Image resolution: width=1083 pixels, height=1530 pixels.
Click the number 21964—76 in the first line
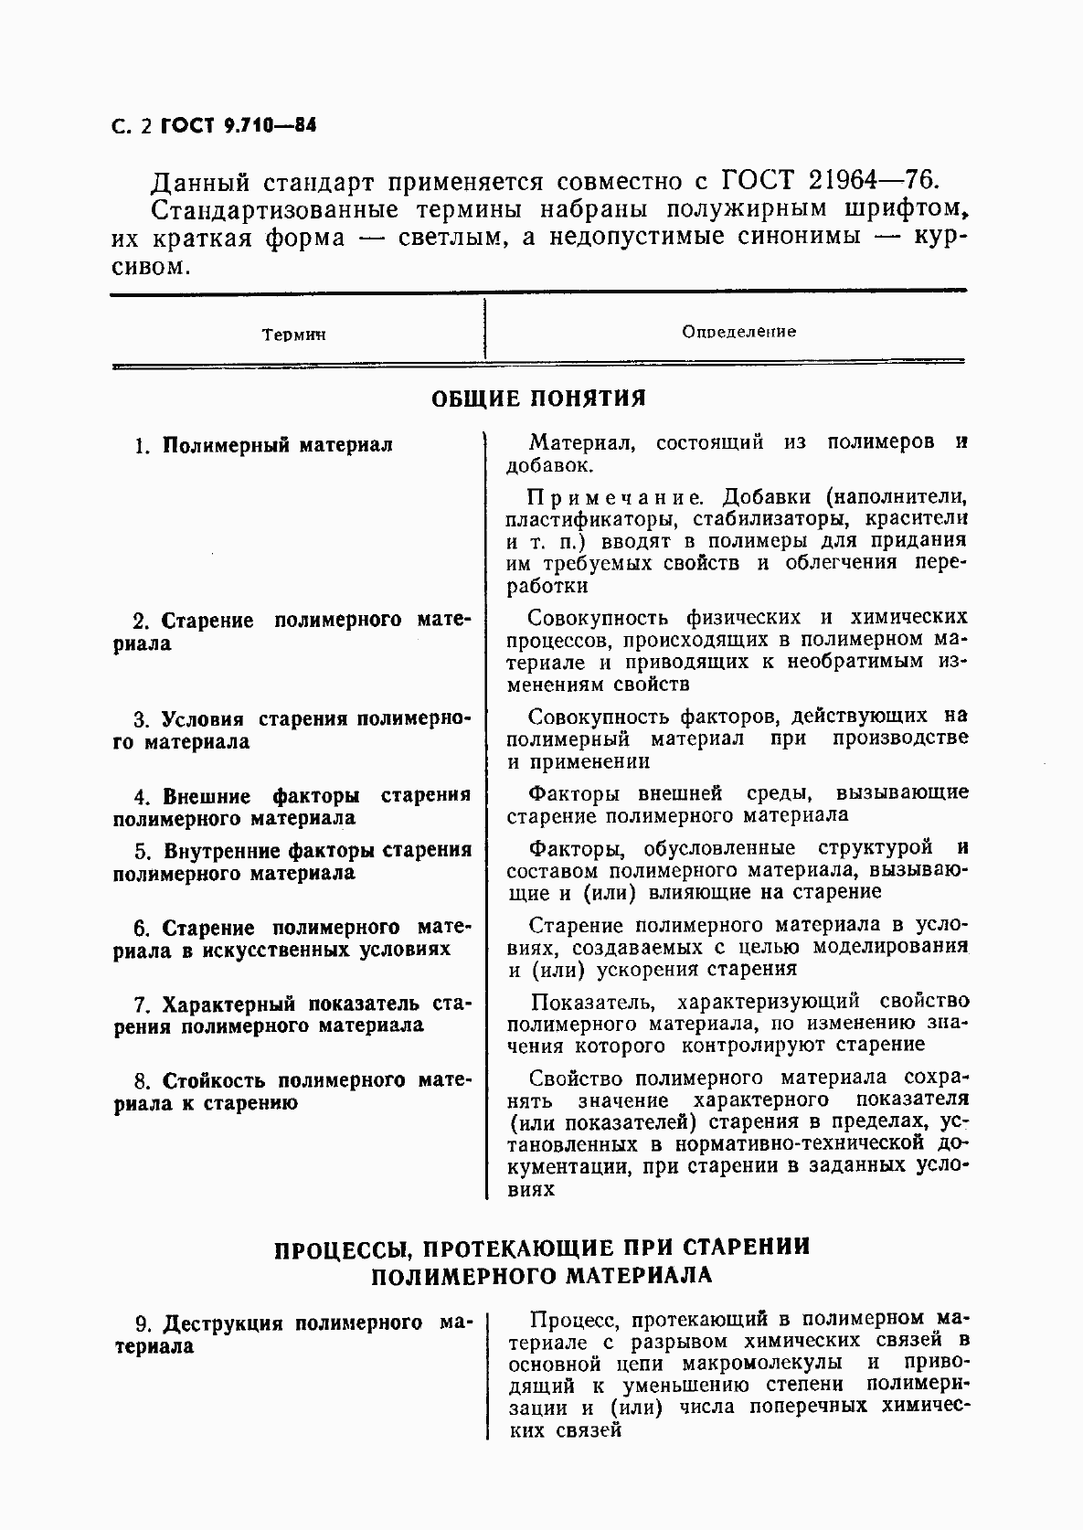[865, 179]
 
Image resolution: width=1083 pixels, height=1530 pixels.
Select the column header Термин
[294, 335]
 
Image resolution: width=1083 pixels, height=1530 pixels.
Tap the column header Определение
[738, 332]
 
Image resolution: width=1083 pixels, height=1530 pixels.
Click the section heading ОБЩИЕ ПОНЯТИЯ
[538, 398]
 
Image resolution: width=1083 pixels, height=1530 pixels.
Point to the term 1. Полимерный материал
[263, 445]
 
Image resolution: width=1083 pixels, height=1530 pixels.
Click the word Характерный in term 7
[230, 1004]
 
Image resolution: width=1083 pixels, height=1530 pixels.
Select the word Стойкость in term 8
[215, 1080]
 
